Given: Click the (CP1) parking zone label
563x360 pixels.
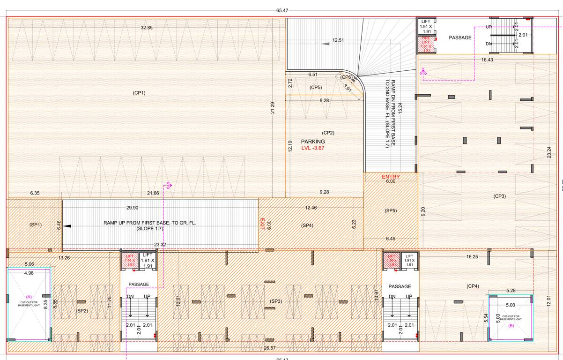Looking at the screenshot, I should (139, 93).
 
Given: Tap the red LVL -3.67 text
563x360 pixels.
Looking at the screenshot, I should (313, 148).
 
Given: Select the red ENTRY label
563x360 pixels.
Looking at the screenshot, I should (391, 177).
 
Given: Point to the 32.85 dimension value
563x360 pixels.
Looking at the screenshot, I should (147, 28).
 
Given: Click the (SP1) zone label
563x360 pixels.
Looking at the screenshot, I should (36, 225).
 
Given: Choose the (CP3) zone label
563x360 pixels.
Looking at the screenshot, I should (499, 196).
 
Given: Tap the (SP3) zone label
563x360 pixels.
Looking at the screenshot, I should (276, 301).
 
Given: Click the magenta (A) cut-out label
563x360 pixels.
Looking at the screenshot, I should (29, 297).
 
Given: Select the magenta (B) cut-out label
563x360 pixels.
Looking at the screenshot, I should (511, 325).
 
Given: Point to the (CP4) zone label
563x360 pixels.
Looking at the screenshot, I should (473, 286).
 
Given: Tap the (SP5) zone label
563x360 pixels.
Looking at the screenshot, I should (391, 211).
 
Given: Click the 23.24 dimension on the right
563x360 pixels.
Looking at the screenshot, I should (549, 152).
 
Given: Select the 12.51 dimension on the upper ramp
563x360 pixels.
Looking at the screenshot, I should (338, 40).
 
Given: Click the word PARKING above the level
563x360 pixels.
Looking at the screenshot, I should (313, 142).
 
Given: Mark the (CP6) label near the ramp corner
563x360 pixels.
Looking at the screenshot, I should (346, 77).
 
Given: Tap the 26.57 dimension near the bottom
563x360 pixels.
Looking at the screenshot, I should (270, 348).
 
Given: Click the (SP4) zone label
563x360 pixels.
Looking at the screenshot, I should (307, 226).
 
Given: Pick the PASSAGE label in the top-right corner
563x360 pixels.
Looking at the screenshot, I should (460, 37).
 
